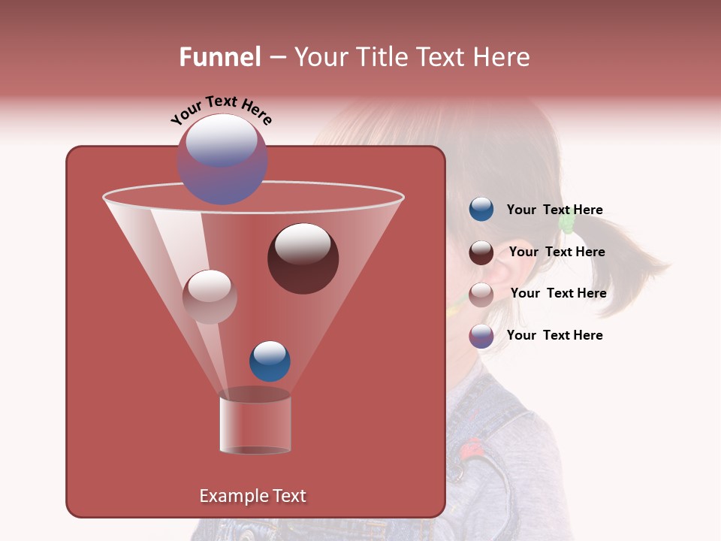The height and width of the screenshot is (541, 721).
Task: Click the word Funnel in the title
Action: click(x=219, y=57)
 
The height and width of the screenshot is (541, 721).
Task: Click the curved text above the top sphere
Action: click(x=221, y=110)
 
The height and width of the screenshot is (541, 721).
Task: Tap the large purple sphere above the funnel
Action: click(x=222, y=160)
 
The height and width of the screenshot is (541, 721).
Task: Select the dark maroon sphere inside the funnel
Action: click(x=303, y=258)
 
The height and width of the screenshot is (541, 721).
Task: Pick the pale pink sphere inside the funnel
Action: click(x=210, y=297)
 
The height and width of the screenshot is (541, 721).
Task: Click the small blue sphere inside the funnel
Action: click(x=270, y=361)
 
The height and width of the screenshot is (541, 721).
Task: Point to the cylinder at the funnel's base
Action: click(x=255, y=424)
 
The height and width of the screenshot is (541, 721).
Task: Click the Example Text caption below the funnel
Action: click(x=252, y=496)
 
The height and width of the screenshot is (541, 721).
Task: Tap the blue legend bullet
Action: click(x=481, y=210)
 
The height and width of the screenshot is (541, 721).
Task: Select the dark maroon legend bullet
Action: click(x=481, y=252)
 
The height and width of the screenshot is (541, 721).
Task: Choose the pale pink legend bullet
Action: click(x=481, y=295)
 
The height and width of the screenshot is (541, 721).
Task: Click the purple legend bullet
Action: click(x=481, y=336)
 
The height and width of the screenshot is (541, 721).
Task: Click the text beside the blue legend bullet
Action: click(x=554, y=210)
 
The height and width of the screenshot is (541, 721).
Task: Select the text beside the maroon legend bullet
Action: click(x=557, y=252)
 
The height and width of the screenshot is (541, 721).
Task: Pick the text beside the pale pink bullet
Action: click(x=558, y=294)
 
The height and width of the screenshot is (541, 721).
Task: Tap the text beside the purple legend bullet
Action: click(x=554, y=335)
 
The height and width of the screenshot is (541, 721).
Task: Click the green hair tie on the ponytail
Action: click(x=568, y=221)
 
